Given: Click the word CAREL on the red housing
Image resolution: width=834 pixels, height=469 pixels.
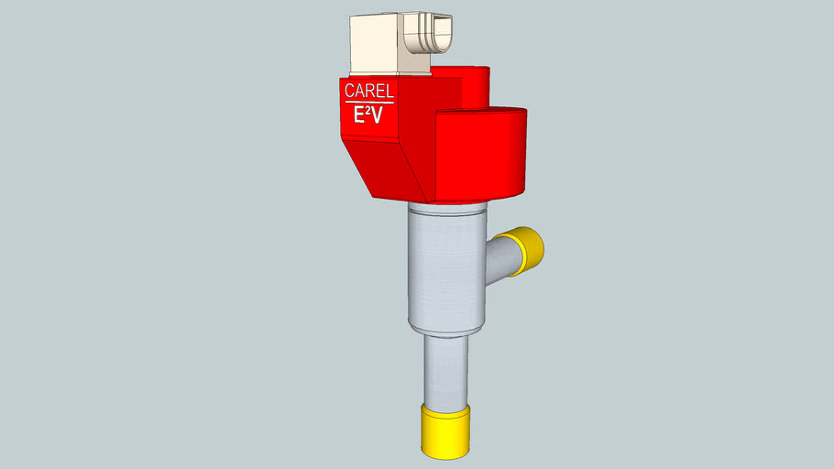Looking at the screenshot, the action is click(369, 91).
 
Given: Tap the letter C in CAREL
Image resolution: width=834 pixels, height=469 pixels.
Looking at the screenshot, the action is click(349, 90).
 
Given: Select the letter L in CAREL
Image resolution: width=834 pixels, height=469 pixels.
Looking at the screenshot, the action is click(390, 92).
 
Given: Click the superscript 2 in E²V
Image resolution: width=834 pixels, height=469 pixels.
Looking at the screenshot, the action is click(367, 110).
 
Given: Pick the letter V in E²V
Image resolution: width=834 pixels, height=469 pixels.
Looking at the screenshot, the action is click(376, 116).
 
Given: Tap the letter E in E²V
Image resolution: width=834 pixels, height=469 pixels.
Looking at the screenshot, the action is click(359, 115).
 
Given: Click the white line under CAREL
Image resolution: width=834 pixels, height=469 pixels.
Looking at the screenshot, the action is click(369, 102).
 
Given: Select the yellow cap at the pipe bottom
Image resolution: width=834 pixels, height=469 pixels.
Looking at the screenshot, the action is click(445, 431).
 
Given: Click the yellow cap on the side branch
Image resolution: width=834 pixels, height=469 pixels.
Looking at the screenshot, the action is click(527, 251).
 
